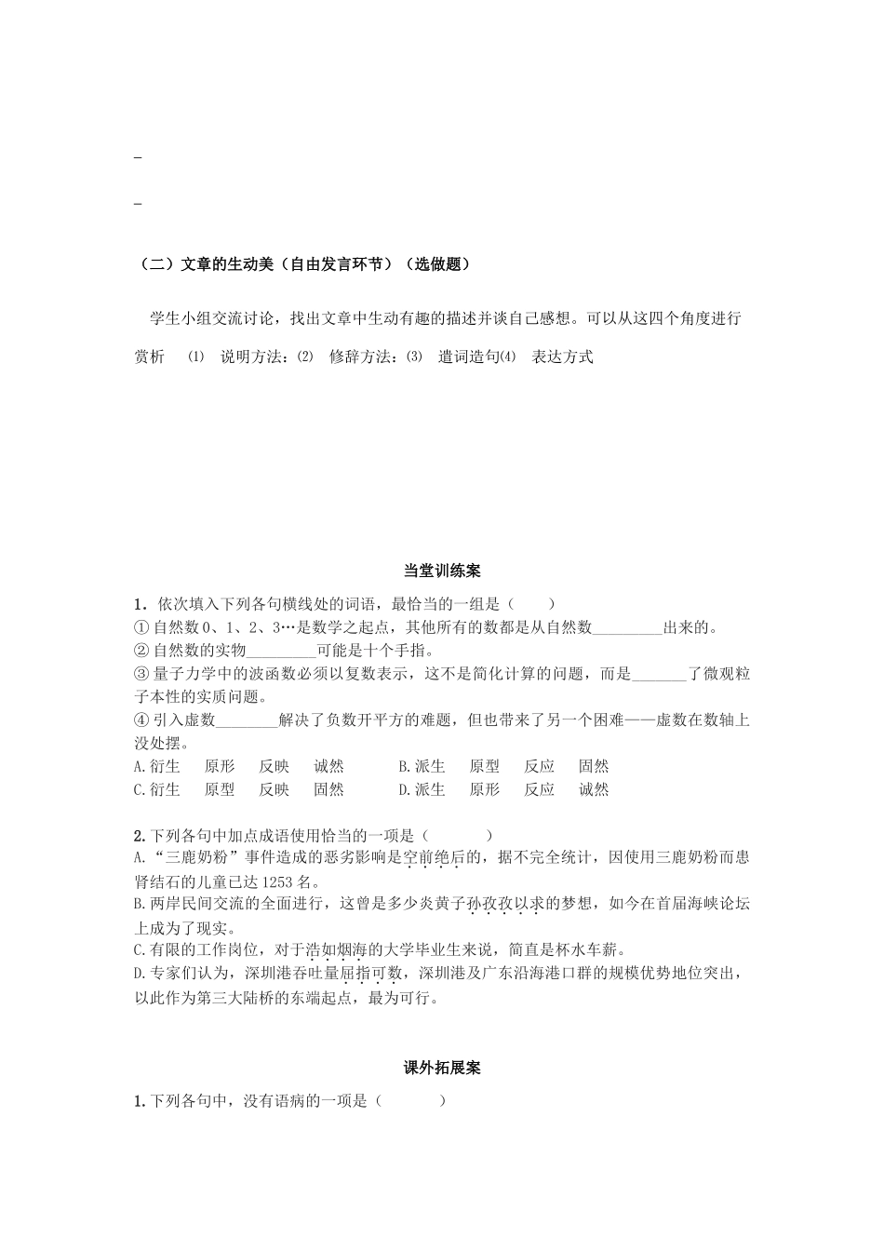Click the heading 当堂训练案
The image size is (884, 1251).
[x=442, y=571]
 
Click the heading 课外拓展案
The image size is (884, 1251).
[x=442, y=1068]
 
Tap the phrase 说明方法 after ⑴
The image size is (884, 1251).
[x=251, y=357]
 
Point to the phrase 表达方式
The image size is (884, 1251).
[x=562, y=357]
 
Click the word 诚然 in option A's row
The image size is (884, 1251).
[x=328, y=767]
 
